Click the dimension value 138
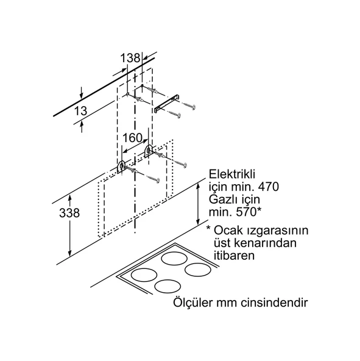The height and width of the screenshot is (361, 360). coord(130,58)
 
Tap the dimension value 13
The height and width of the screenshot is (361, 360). coord(80,111)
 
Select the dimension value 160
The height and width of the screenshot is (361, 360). coord(132,138)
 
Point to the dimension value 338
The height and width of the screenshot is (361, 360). coord(69,213)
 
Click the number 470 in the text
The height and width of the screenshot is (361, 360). coord(269,187)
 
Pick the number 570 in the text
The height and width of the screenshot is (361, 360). coord(246,212)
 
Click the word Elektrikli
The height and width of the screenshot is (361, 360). coord(232,174)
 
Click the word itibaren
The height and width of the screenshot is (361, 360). coord(234,256)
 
